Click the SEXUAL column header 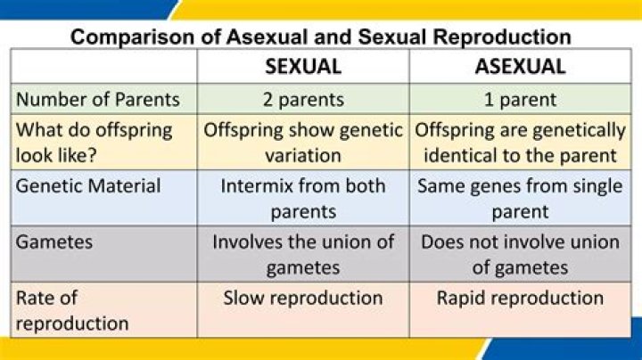pos(303,66)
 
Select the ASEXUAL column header pos(521,66)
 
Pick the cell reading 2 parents pos(303,98)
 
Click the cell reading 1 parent pos(521,98)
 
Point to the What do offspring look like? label pos(95,142)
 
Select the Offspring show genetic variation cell pos(303,142)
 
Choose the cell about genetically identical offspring pos(521,142)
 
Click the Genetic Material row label pos(88,186)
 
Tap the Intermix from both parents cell pos(303,198)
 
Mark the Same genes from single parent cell pos(521,198)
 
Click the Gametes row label pos(53,241)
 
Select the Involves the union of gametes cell pos(303,254)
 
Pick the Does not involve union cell pos(521,254)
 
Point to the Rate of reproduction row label pos(72,310)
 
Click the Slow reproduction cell pos(303,298)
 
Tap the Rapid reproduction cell pos(521,298)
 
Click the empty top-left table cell pos(103,66)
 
